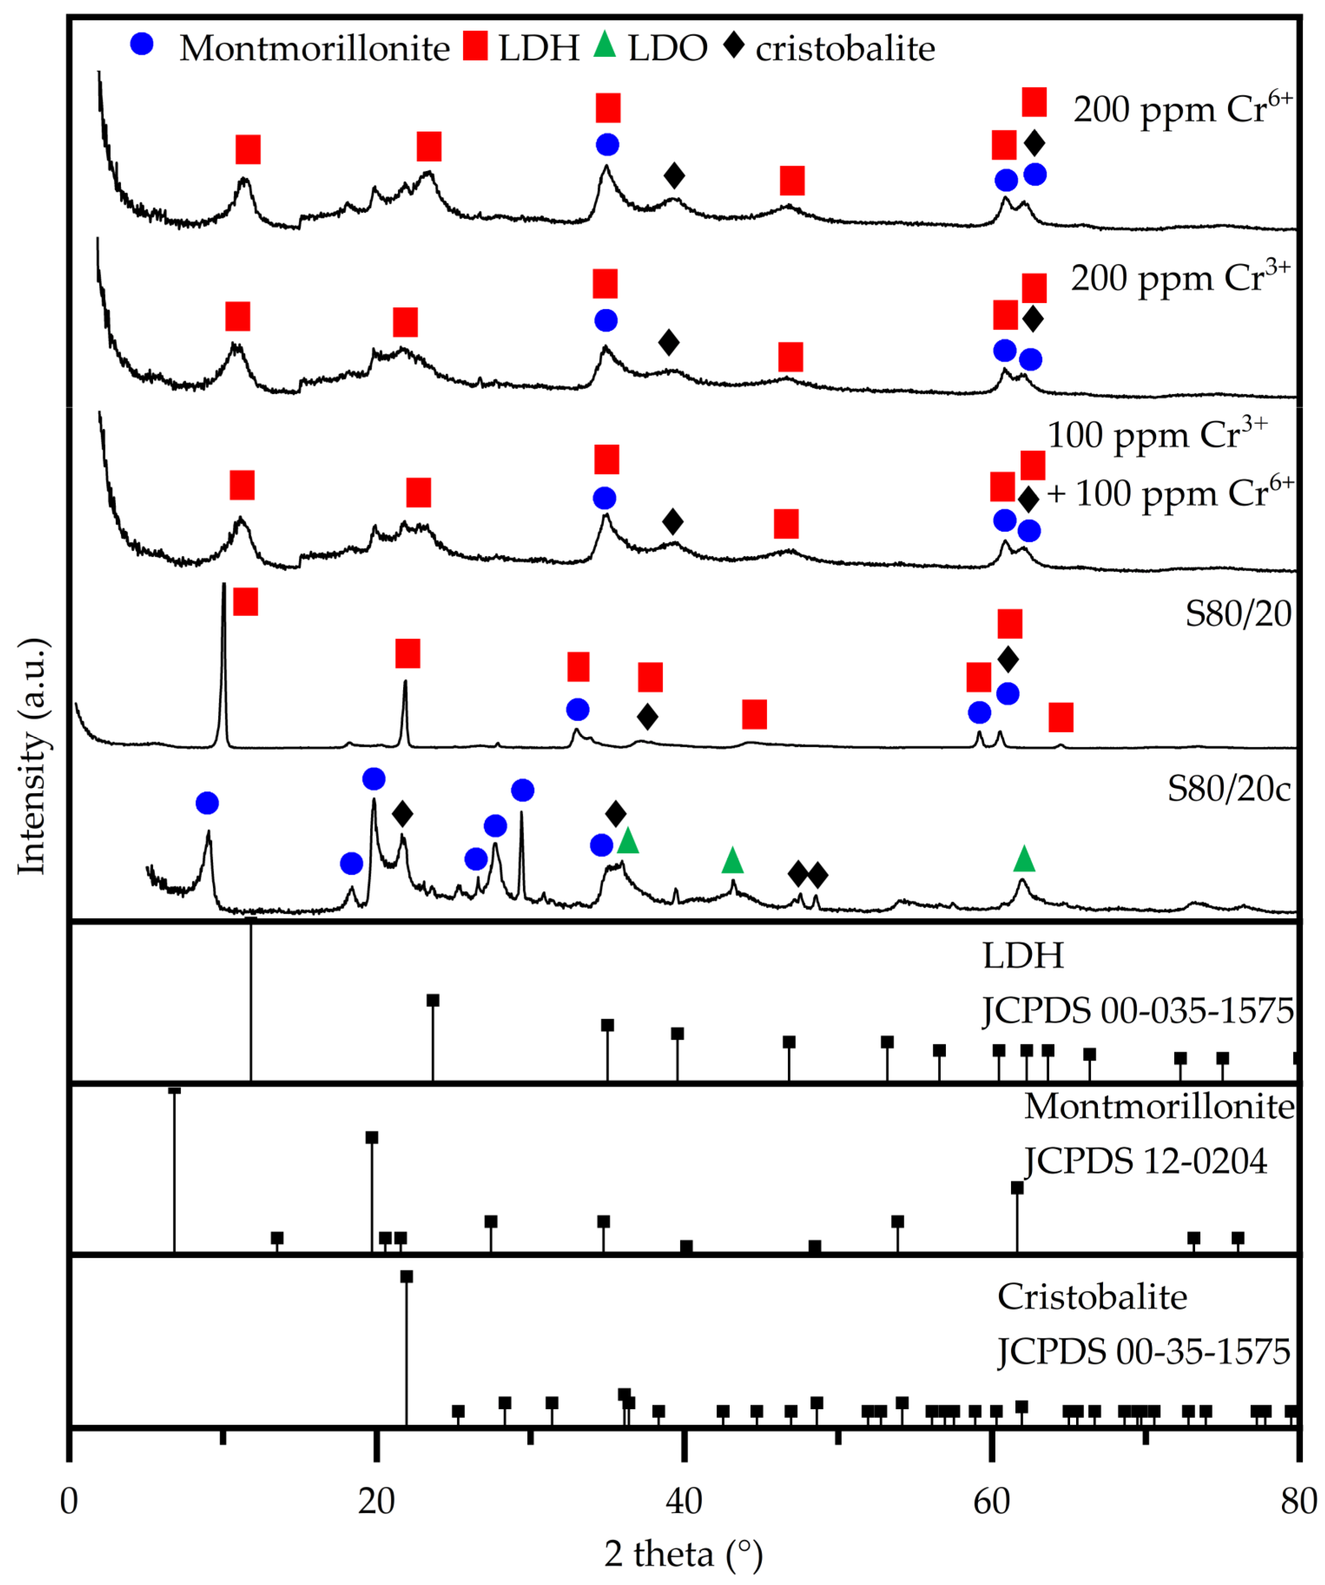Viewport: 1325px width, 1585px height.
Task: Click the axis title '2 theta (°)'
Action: [x=683, y=1554]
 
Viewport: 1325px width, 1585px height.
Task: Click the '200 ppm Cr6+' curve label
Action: [x=1182, y=108]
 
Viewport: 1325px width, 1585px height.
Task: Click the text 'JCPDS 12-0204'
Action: [x=1145, y=1161]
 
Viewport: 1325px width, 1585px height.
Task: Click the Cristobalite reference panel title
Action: [x=1092, y=1297]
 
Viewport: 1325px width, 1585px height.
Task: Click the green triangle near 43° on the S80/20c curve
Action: [x=732, y=860]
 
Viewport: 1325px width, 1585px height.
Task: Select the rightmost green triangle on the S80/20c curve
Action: [x=1024, y=858]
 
